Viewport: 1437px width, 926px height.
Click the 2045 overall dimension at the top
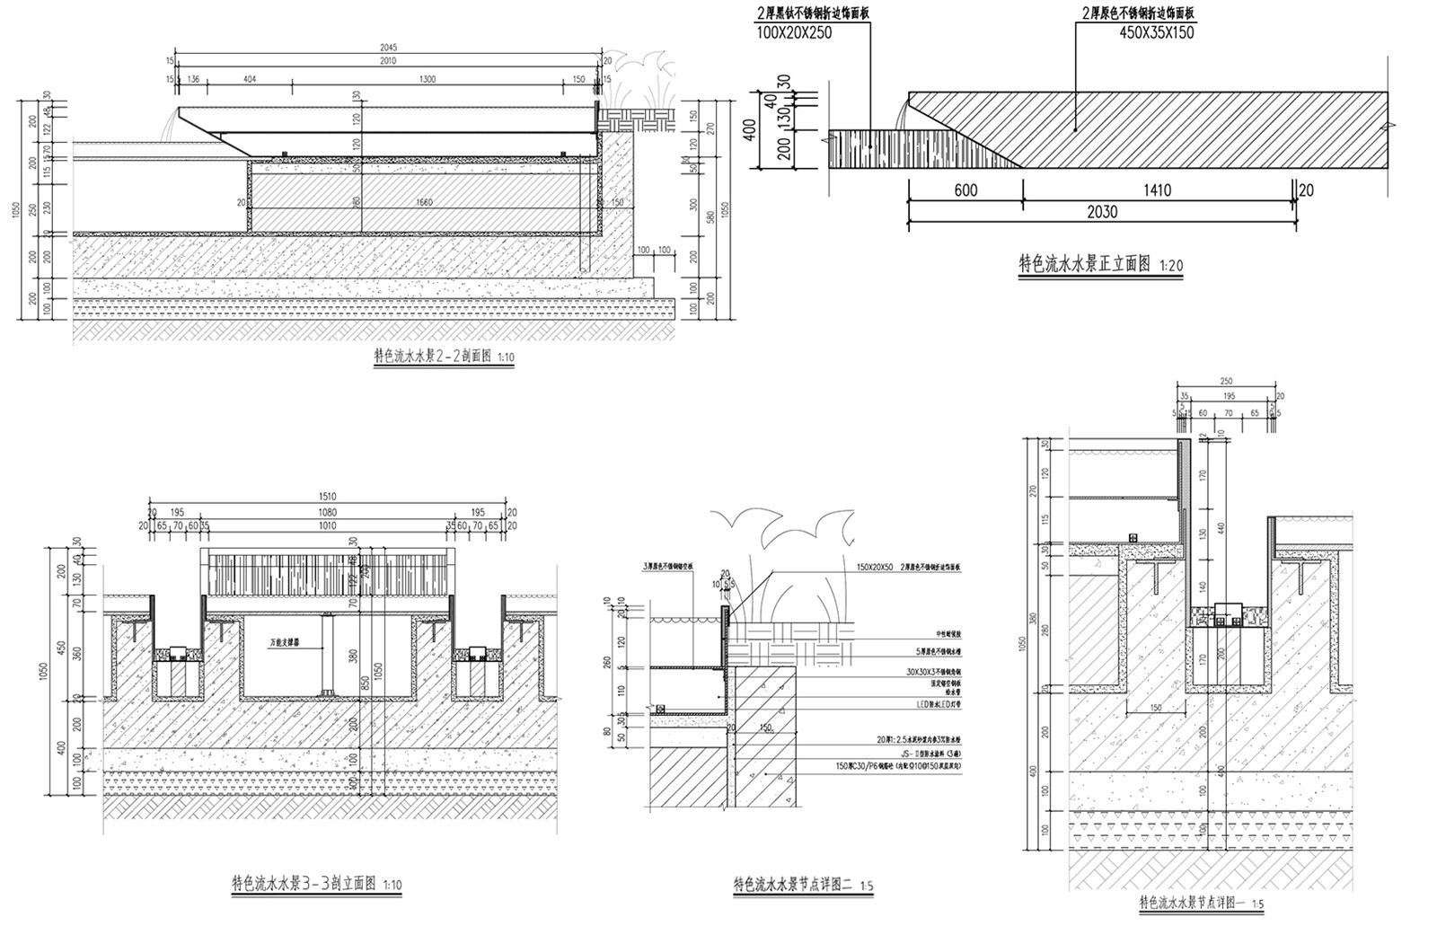tap(388, 47)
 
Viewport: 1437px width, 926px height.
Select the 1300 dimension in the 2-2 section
tap(427, 80)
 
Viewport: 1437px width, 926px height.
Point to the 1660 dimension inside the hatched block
tap(424, 202)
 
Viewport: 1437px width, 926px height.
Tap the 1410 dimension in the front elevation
tap(1158, 190)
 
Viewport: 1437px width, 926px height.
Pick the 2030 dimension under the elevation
tap(1102, 212)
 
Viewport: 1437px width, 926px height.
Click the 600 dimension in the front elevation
tap(965, 190)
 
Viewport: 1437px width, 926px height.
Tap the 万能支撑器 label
tap(286, 643)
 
